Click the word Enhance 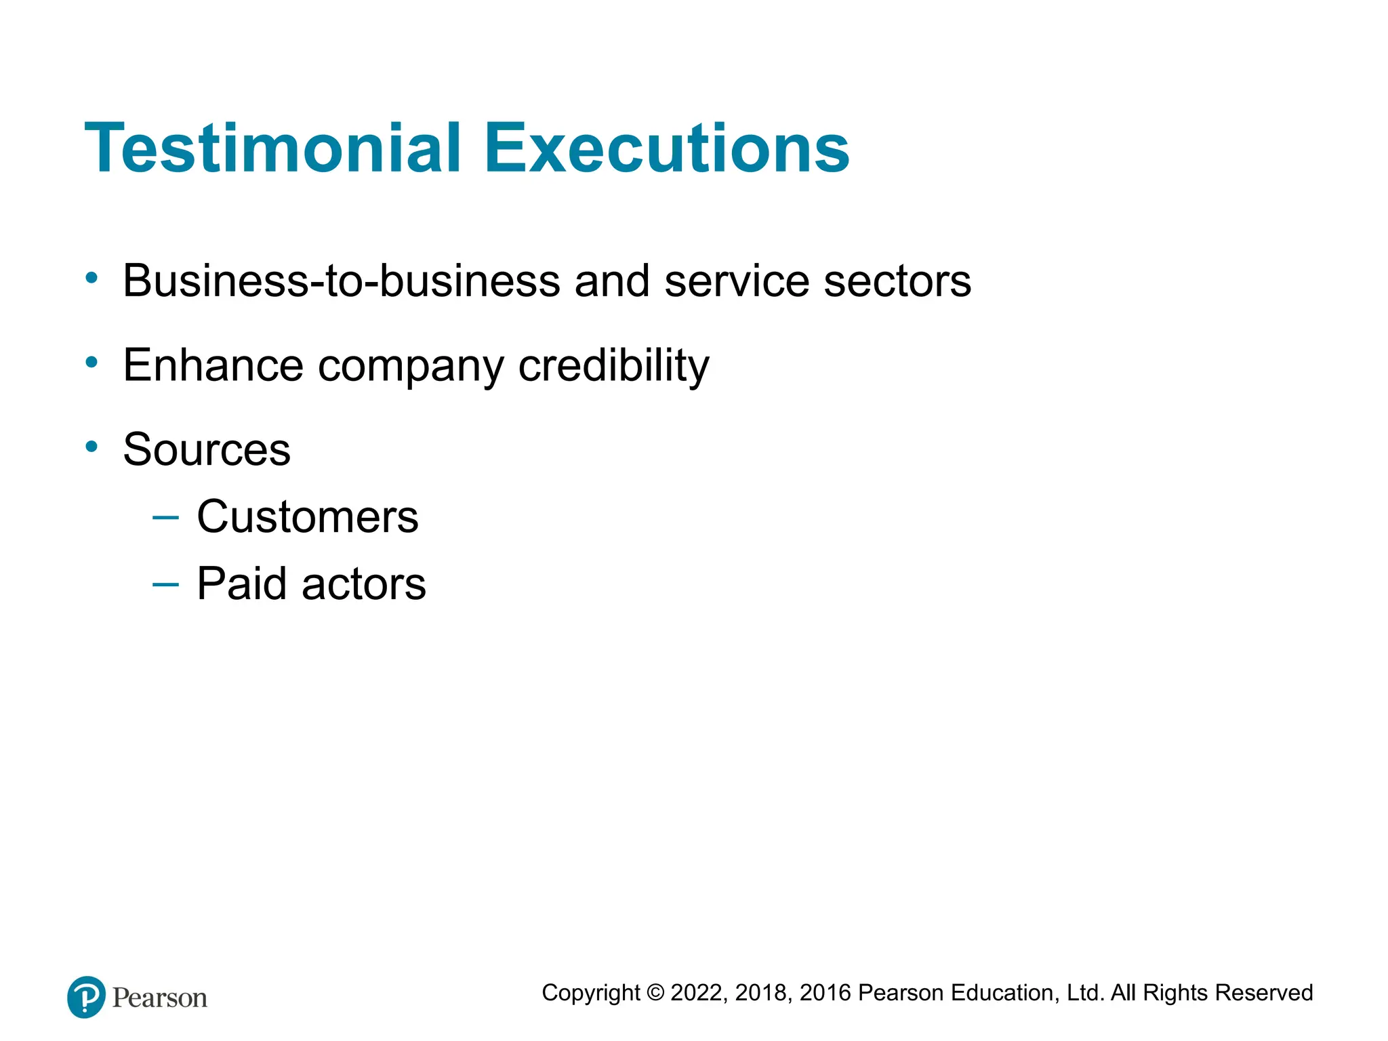click(213, 365)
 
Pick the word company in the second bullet click(411, 367)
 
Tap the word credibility click(613, 365)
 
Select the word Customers click(308, 516)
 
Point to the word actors click(364, 584)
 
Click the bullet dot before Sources click(91, 447)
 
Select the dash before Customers click(166, 518)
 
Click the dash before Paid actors click(166, 584)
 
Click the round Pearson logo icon click(87, 997)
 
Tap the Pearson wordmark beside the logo click(160, 998)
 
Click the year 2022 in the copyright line click(698, 993)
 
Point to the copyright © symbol click(655, 993)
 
